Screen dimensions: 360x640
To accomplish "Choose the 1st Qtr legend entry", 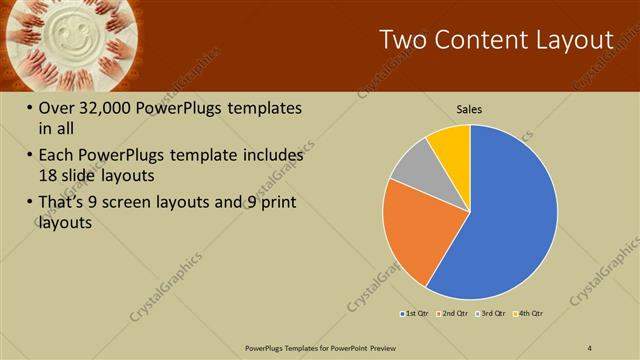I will (414, 314).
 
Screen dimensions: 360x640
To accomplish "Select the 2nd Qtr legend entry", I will (452, 314).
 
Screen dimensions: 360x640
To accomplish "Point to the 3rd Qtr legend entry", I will (491, 314).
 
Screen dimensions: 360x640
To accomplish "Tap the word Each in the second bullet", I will (55, 156).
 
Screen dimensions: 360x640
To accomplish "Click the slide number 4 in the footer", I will (590, 347).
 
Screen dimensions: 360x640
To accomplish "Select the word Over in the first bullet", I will (57, 108).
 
